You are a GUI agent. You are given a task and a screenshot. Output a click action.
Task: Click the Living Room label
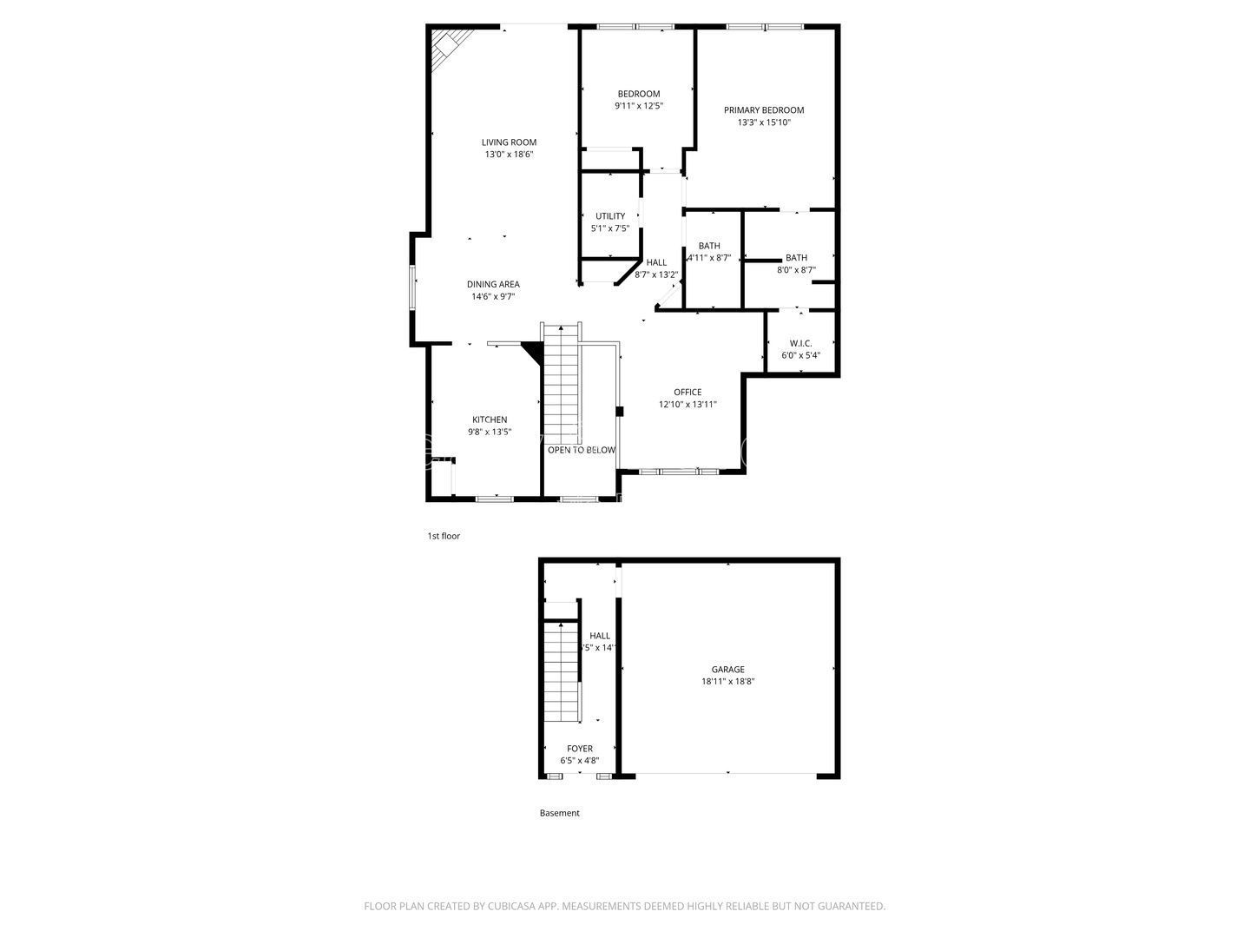pyautogui.click(x=509, y=142)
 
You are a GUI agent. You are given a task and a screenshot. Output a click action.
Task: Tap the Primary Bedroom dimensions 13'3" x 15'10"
pyautogui.click(x=764, y=122)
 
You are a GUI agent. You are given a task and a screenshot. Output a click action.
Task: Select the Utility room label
pyautogui.click(x=609, y=216)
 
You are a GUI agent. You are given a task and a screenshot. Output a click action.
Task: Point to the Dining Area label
pyautogui.click(x=493, y=284)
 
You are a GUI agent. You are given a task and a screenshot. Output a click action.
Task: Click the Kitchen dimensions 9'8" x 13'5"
pyautogui.click(x=490, y=432)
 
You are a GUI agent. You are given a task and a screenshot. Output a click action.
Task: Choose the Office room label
pyautogui.click(x=687, y=392)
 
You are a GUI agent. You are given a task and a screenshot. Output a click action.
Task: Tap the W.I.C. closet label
pyautogui.click(x=800, y=343)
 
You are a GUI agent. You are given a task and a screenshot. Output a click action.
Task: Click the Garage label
pyautogui.click(x=727, y=670)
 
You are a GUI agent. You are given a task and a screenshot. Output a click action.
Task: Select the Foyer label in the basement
pyautogui.click(x=579, y=749)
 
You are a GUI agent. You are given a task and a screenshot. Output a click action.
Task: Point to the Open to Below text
pyautogui.click(x=581, y=450)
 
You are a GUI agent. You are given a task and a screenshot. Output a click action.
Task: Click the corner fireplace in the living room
pyautogui.click(x=451, y=43)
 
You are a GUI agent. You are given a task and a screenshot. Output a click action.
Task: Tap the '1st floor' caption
pyautogui.click(x=444, y=536)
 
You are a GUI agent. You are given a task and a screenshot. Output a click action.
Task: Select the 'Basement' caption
pyautogui.click(x=559, y=813)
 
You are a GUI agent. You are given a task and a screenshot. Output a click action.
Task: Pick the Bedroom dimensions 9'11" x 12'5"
pyautogui.click(x=638, y=106)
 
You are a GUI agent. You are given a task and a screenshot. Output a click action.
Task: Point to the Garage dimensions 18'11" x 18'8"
pyautogui.click(x=727, y=682)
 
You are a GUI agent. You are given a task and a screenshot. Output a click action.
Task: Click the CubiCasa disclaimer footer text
pyautogui.click(x=624, y=906)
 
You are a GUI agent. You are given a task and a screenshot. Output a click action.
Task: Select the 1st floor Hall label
pyautogui.click(x=656, y=262)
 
